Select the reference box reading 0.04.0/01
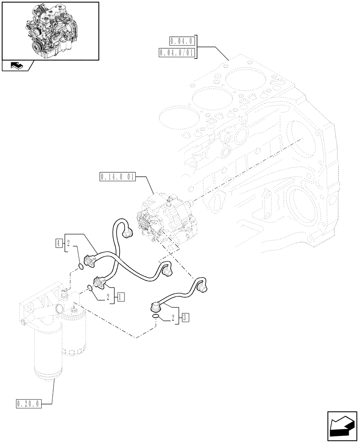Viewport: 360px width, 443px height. pyautogui.click(x=176, y=54)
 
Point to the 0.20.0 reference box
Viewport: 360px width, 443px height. pyautogui.click(x=28, y=404)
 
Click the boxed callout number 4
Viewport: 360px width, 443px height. pyautogui.click(x=58, y=242)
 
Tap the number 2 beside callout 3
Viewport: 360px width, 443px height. pyautogui.click(x=172, y=318)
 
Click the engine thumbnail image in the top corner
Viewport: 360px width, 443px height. pyautogui.click(x=50, y=31)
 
